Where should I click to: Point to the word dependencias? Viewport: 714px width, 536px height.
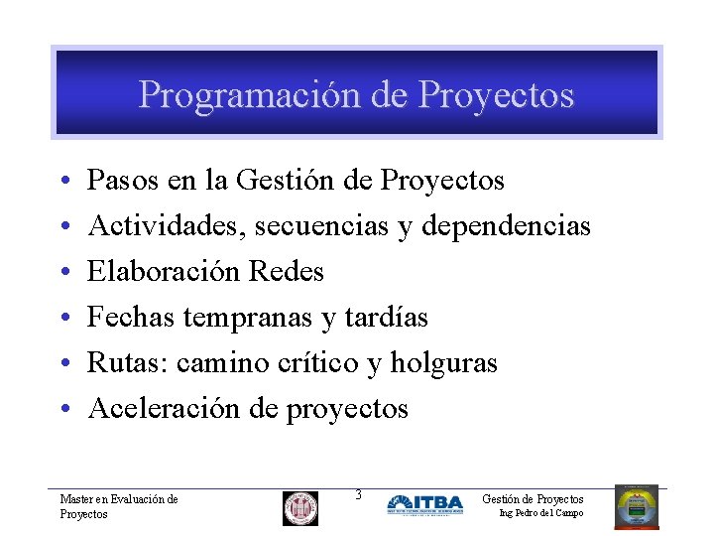point(506,226)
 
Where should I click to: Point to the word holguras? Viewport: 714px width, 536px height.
point(443,363)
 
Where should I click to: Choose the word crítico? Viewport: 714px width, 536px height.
point(320,363)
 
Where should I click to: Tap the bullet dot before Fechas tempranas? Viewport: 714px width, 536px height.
point(63,319)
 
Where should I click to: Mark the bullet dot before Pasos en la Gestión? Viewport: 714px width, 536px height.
point(63,182)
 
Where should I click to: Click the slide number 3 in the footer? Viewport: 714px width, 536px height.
point(358,494)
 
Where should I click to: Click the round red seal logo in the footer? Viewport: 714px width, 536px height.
point(300,508)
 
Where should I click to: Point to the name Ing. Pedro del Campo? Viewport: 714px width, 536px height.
point(540,513)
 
